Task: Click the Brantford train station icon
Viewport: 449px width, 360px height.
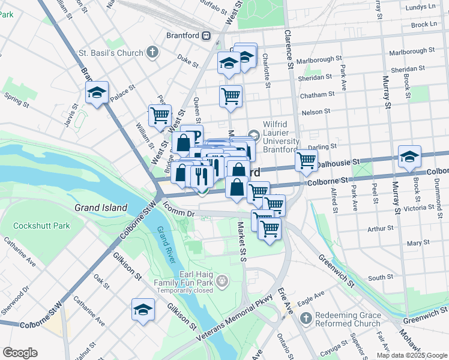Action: coord(206,35)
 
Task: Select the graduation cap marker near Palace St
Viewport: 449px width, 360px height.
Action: coord(97,93)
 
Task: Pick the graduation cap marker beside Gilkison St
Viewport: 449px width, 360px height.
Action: coord(143,310)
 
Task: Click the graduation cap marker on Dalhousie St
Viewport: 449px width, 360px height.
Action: coord(409,157)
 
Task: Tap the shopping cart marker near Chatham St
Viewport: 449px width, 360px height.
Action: coord(231,96)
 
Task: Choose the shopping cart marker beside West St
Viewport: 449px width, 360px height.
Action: coord(160,115)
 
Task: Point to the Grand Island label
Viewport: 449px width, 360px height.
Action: coord(101,208)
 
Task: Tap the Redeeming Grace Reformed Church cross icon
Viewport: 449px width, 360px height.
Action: coord(306,317)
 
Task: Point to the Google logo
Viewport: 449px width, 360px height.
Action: coord(20,353)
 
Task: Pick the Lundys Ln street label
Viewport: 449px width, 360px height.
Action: coord(421,7)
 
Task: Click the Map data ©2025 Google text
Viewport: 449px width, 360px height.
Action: coord(411,355)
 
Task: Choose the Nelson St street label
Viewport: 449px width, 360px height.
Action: coord(316,112)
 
